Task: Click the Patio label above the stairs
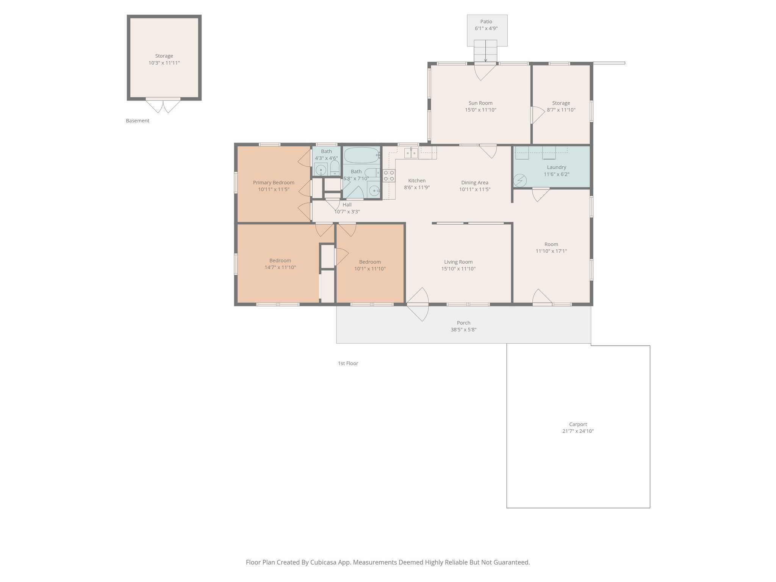[486, 22]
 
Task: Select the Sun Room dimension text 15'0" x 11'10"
[480, 110]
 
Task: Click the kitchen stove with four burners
[389, 175]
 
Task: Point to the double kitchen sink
[411, 153]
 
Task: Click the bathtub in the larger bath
[362, 155]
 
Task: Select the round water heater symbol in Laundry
[520, 180]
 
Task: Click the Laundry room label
[556, 167]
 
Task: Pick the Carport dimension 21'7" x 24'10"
[577, 431]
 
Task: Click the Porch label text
[463, 323]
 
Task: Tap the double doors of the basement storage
[164, 105]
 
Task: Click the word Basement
[138, 120]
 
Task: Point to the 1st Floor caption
[348, 363]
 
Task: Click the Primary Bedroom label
[274, 183]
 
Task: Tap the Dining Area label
[474, 183]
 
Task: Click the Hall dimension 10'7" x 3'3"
[347, 212]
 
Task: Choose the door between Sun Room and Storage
[536, 115]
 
